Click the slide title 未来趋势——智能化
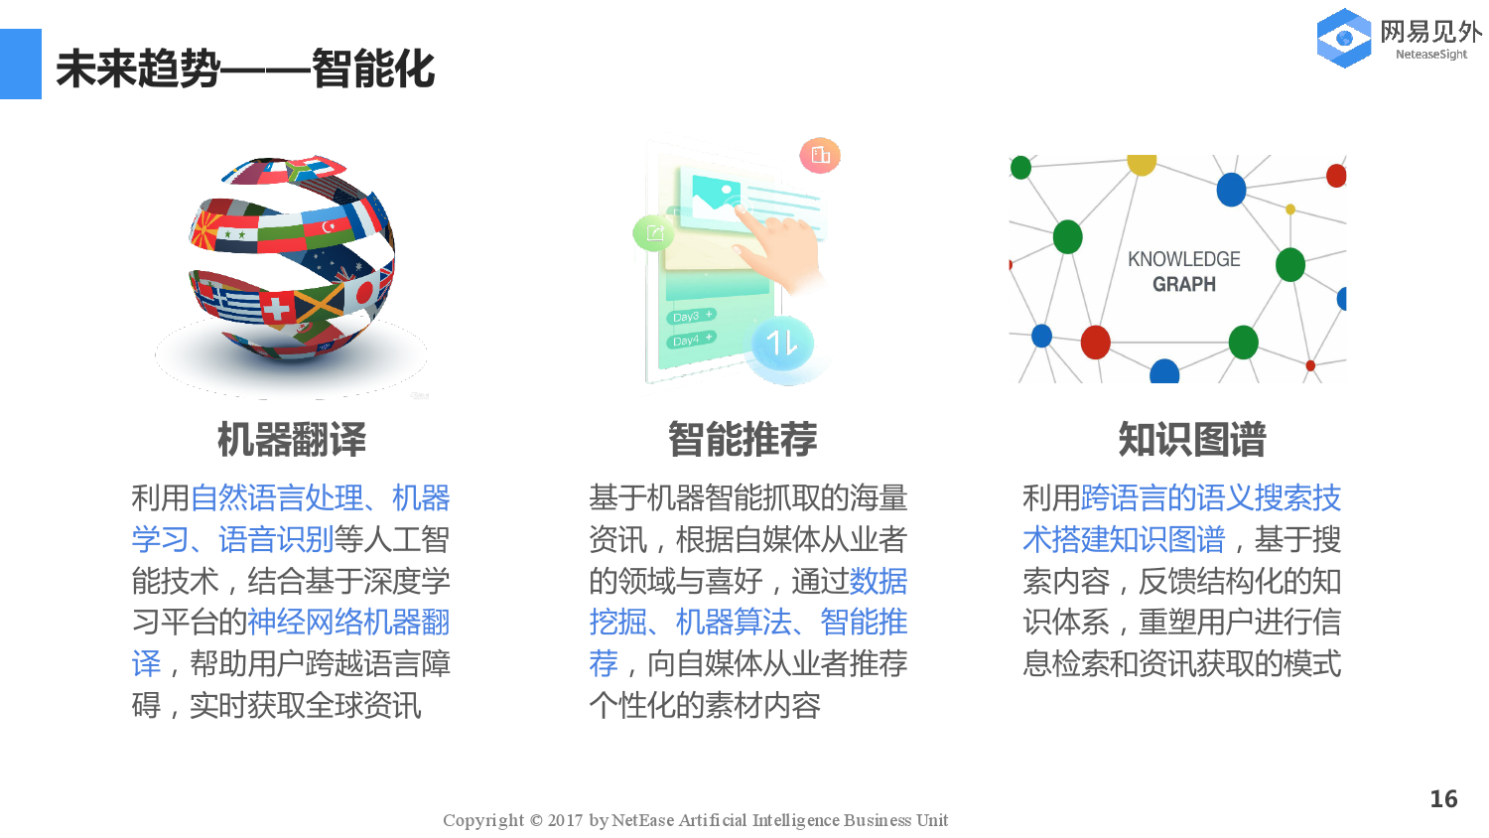pyautogui.click(x=245, y=69)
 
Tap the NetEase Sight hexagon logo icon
pyautogui.click(x=1343, y=39)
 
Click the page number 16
pyautogui.click(x=1443, y=799)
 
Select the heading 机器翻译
pyautogui.click(x=292, y=439)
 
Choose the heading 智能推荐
pyautogui.click(x=743, y=439)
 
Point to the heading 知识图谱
pyautogui.click(x=1192, y=439)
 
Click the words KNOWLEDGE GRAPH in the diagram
pyautogui.click(x=1183, y=271)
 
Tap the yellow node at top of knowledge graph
pyautogui.click(x=1142, y=163)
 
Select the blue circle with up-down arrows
pyautogui.click(x=782, y=344)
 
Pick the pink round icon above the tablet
pyautogui.click(x=820, y=155)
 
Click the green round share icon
pyautogui.click(x=653, y=233)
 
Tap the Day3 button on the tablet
pyautogui.click(x=692, y=316)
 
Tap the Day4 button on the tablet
pyautogui.click(x=692, y=340)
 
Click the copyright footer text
pyautogui.click(x=695, y=820)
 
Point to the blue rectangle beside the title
pyautogui.click(x=20, y=64)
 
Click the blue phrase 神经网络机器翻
pyautogui.click(x=348, y=623)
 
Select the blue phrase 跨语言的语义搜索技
pyautogui.click(x=1210, y=497)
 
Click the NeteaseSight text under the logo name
pyautogui.click(x=1430, y=55)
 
